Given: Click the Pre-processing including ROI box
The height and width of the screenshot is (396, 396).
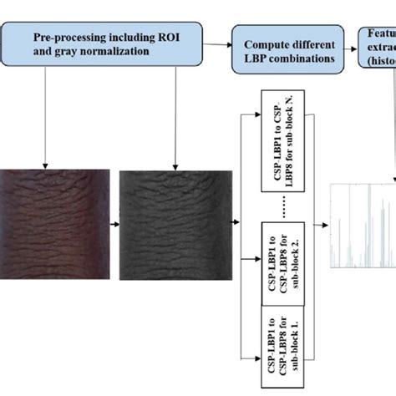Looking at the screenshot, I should click(104, 44).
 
